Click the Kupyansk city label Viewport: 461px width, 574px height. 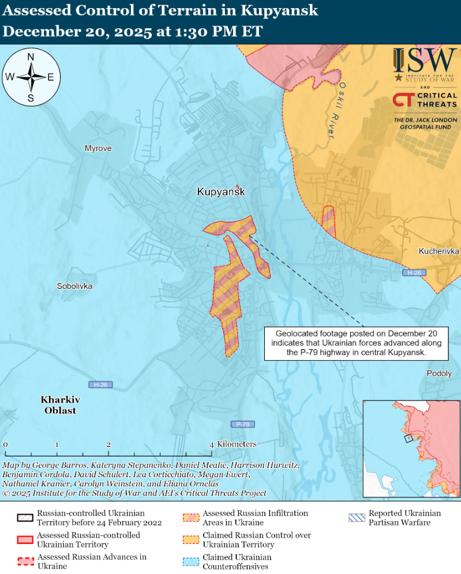(x=221, y=192)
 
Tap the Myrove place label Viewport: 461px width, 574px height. (x=98, y=149)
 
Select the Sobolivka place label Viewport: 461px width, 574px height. (x=74, y=286)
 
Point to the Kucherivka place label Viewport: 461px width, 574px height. (x=438, y=252)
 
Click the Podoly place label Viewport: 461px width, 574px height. (x=439, y=373)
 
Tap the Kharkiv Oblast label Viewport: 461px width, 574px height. (x=60, y=405)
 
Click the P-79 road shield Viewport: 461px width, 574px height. (x=243, y=424)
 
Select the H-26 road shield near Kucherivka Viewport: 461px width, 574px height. (x=414, y=273)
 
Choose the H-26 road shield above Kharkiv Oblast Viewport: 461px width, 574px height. (x=100, y=384)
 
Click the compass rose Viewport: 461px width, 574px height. (x=31, y=77)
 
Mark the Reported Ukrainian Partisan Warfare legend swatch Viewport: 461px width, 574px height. (x=357, y=518)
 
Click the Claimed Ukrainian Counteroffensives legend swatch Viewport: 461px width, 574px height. (x=191, y=562)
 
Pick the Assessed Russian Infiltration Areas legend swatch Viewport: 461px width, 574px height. (x=191, y=518)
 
